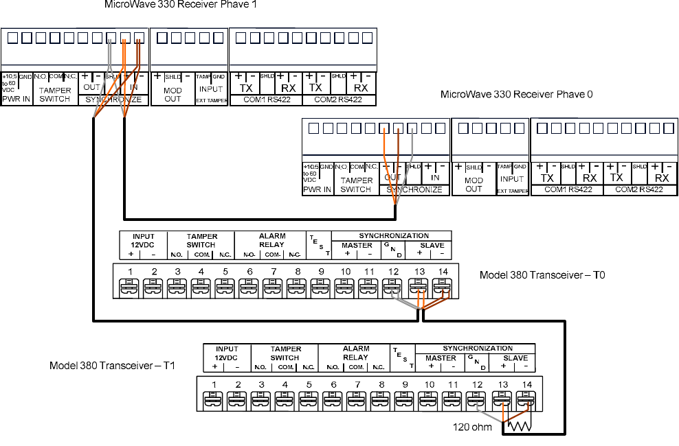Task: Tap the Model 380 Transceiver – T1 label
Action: [113, 365]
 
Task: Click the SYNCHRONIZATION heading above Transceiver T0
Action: [393, 235]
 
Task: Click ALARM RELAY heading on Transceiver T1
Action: [356, 353]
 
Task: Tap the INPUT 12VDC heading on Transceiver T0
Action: [143, 240]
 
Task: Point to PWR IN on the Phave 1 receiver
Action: [16, 99]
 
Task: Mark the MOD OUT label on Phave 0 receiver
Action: [474, 185]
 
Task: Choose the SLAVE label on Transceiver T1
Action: [515, 357]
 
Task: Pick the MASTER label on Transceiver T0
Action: [357, 245]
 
